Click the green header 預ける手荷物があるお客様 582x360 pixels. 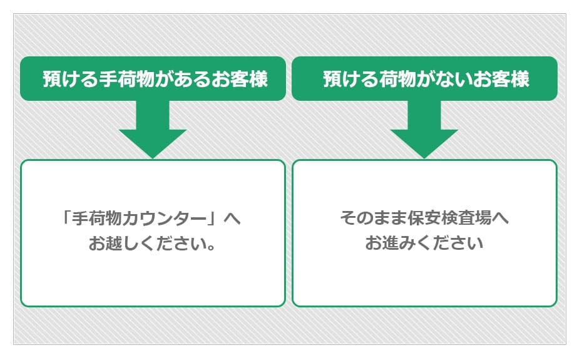pyautogui.click(x=153, y=79)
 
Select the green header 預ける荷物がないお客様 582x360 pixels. pyautogui.click(x=424, y=79)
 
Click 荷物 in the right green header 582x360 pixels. pyautogui.click(x=399, y=80)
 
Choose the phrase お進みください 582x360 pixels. pyautogui.click(x=424, y=243)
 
